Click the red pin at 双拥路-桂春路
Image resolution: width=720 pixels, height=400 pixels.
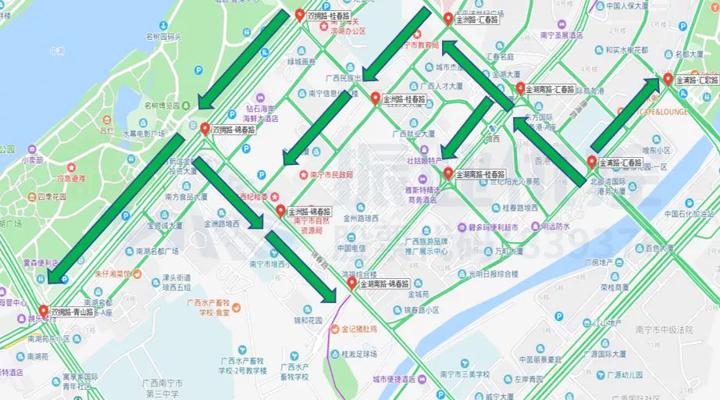(x=300, y=14)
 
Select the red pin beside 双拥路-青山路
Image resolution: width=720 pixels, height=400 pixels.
(x=43, y=310)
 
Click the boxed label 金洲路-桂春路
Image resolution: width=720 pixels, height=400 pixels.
(x=405, y=100)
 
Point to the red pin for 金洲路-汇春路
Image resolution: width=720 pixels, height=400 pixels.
(x=447, y=18)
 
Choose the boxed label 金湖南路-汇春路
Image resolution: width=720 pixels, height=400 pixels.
(x=551, y=90)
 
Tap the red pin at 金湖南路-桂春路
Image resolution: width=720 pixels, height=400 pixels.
(x=448, y=173)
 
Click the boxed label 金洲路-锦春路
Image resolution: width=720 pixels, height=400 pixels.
(x=309, y=212)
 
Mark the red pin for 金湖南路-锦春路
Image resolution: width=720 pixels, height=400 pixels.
(x=352, y=283)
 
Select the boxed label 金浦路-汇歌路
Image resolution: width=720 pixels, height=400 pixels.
(x=697, y=80)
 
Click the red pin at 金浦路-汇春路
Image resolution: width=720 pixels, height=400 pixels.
(x=591, y=162)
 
